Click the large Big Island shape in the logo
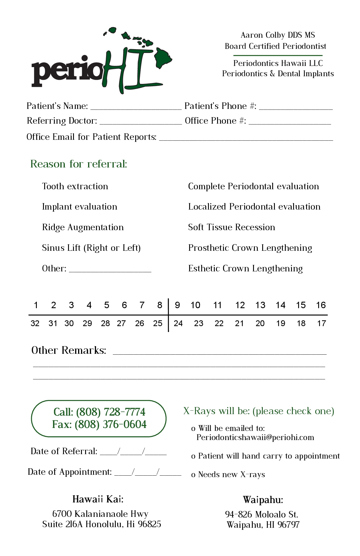(x=162, y=57)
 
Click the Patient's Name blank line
(x=136, y=107)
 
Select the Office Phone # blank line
(x=290, y=122)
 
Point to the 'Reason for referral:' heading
(x=79, y=164)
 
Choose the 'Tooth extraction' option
(x=75, y=186)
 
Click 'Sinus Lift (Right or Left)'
(x=91, y=248)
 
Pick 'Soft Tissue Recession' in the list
(x=232, y=227)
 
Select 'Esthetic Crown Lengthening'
(x=245, y=268)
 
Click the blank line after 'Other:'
(x=110, y=270)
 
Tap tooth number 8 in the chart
(x=160, y=305)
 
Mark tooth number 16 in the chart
(x=321, y=305)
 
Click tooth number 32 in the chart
(x=35, y=323)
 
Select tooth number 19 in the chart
(x=280, y=323)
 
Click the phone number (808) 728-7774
(x=111, y=412)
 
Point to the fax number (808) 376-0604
(x=110, y=424)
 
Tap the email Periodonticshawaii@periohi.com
(x=255, y=437)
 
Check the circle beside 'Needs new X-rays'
(x=193, y=475)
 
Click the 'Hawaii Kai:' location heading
(x=98, y=499)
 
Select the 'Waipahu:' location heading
(x=263, y=500)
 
